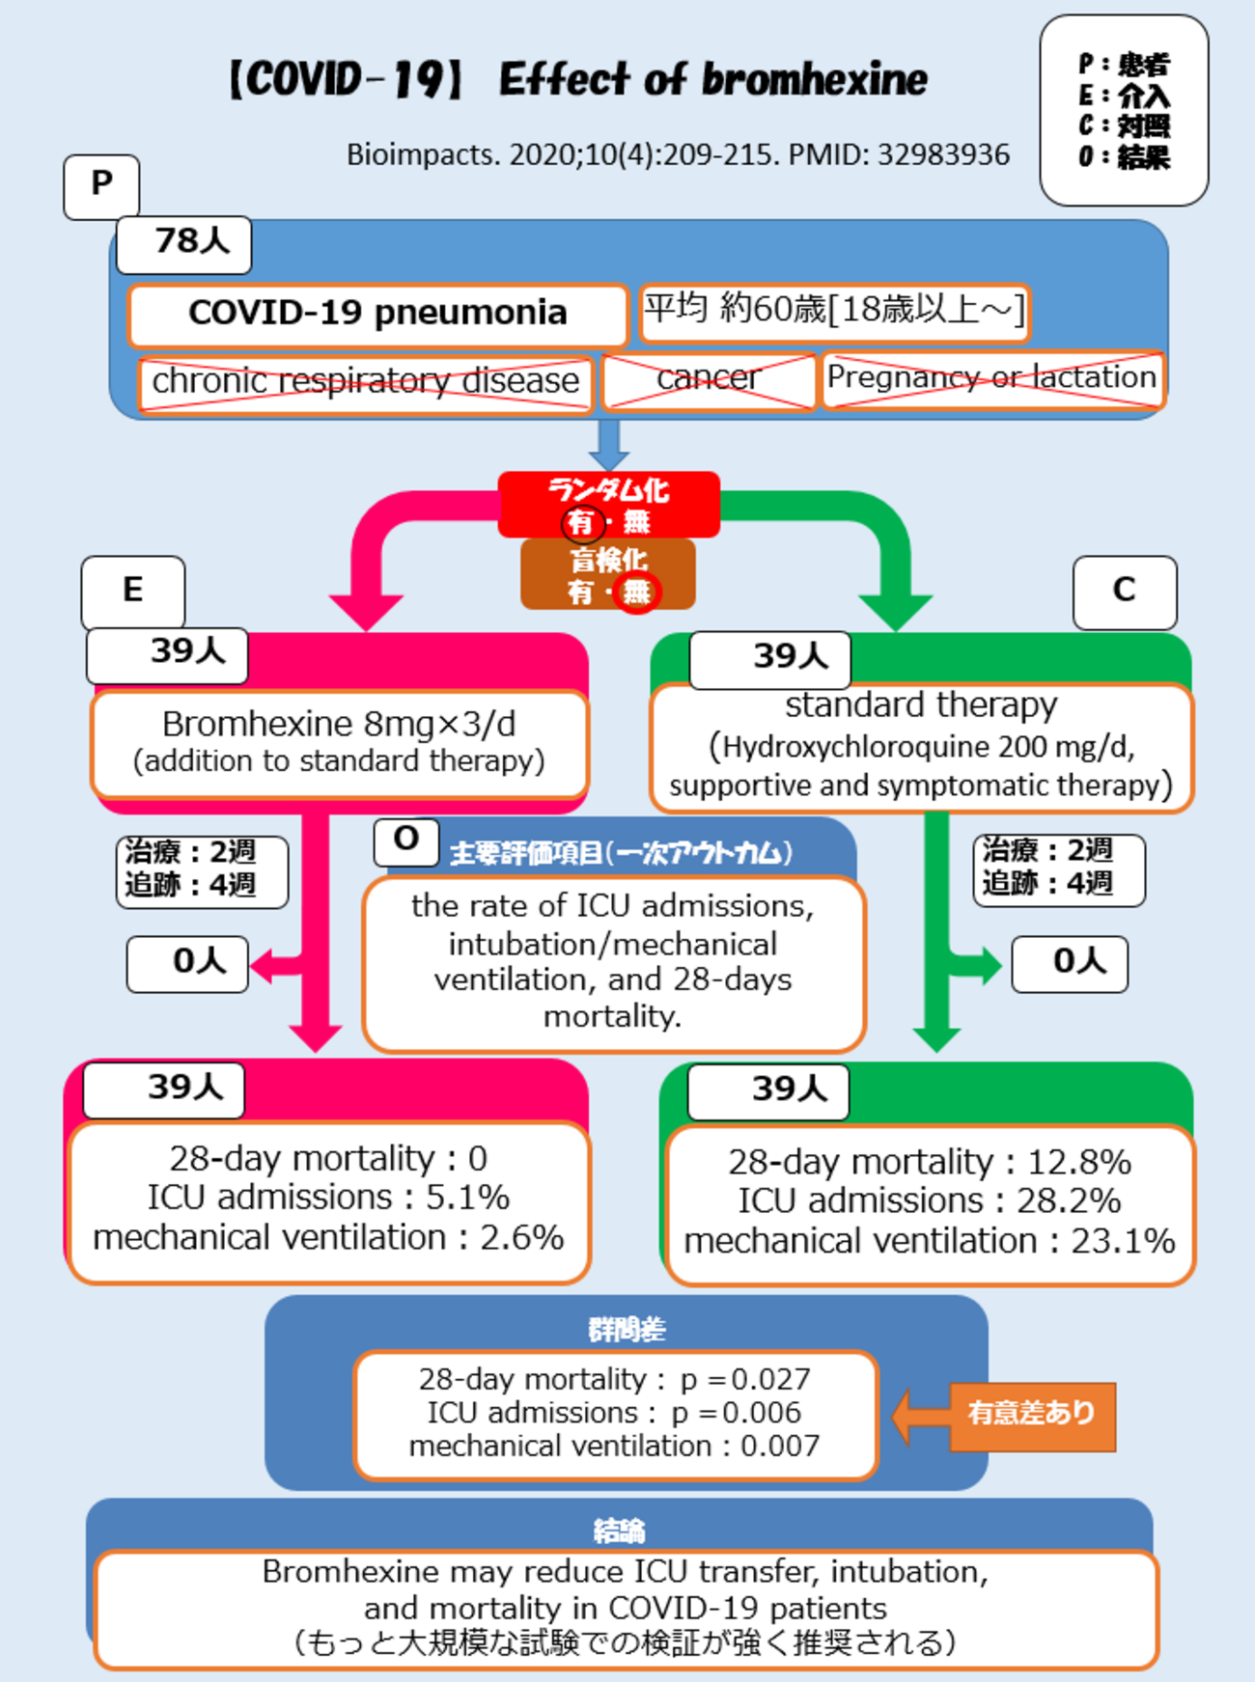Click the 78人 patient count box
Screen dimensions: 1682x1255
click(183, 244)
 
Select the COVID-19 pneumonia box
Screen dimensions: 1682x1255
click(377, 314)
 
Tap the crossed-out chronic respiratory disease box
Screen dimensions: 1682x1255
click(365, 382)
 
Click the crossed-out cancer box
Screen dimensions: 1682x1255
click(709, 379)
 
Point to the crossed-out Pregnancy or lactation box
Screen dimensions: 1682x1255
click(991, 378)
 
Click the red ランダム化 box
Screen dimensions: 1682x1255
click(608, 504)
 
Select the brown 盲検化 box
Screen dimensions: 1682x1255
click(608, 575)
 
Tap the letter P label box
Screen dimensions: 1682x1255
click(101, 185)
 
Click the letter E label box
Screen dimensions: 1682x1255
click(133, 591)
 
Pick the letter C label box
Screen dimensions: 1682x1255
click(1125, 591)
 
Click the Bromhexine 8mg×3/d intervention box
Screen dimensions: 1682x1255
click(339, 742)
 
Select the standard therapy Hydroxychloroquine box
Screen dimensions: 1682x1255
click(921, 747)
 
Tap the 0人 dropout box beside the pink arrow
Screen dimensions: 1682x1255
click(188, 963)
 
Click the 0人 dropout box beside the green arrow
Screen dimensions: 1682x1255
click(1070, 963)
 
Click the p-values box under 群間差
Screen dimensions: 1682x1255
click(615, 1414)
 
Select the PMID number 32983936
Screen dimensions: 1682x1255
click(943, 155)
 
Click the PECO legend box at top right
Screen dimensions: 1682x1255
click(1124, 110)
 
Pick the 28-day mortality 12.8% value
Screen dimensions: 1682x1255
click(1078, 1162)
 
